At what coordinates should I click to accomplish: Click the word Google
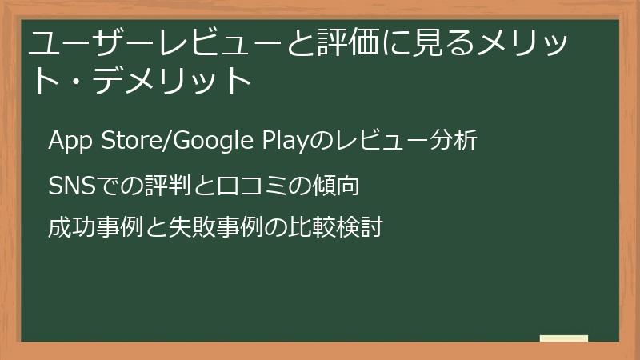pos(210,141)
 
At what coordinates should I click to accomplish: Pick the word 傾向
pos(333,186)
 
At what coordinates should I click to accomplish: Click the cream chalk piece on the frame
pos(564,338)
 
